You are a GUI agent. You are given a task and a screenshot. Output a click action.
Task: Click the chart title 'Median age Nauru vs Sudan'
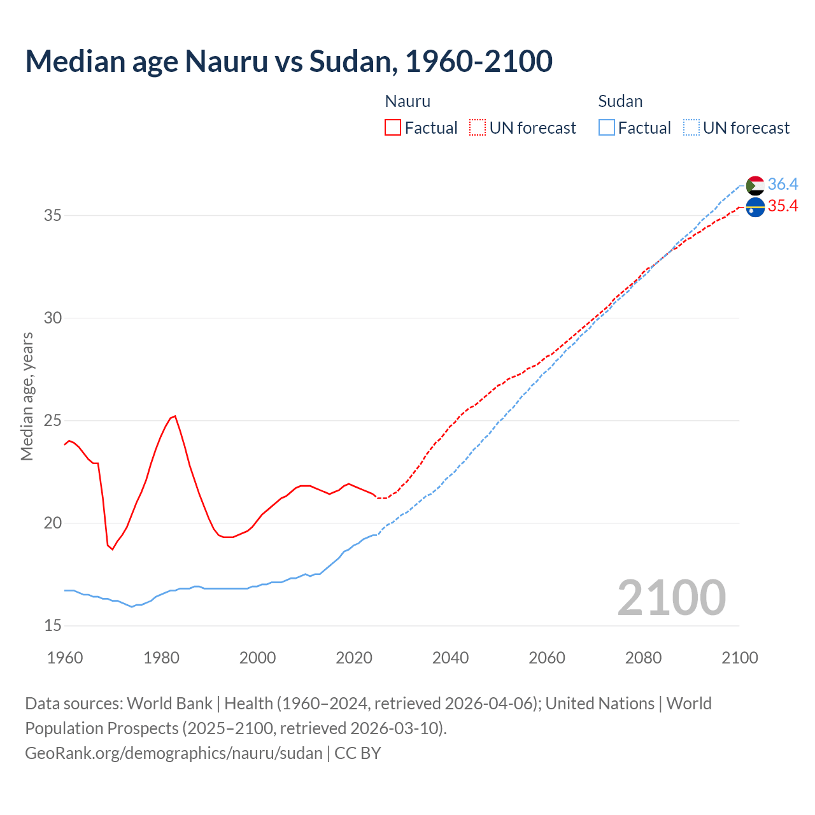click(288, 61)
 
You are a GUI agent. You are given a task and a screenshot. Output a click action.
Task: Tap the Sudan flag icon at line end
click(755, 185)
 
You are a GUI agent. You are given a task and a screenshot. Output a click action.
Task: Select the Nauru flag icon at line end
click(755, 207)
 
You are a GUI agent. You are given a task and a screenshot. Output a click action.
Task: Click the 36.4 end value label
click(783, 185)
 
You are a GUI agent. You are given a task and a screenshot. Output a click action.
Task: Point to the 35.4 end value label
click(783, 206)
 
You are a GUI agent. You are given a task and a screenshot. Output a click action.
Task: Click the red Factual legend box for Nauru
click(393, 127)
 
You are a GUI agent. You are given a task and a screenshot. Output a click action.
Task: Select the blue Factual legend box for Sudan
click(606, 127)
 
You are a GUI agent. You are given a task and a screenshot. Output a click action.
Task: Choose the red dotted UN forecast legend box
click(478, 127)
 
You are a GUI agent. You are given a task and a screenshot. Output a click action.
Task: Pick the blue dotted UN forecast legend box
click(691, 127)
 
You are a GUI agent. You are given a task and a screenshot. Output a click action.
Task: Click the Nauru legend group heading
click(407, 101)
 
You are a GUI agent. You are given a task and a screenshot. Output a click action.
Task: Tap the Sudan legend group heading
click(620, 101)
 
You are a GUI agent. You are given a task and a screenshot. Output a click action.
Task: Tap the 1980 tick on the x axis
click(161, 658)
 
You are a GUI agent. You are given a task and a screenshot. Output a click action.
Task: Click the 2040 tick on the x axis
click(450, 658)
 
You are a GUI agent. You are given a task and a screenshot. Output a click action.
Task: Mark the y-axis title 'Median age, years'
click(27, 396)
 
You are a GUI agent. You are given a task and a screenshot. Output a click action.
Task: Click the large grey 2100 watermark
click(671, 597)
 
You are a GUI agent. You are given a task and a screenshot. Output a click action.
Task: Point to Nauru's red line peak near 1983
click(174, 416)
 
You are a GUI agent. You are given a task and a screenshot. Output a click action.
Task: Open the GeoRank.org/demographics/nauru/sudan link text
click(174, 753)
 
